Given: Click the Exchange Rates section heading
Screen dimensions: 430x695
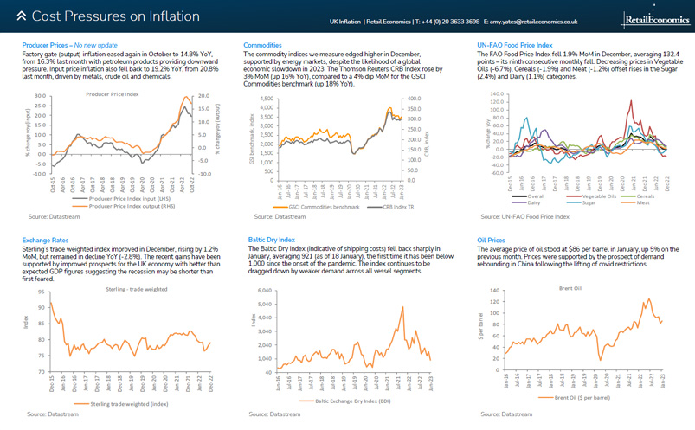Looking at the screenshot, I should (x=45, y=239).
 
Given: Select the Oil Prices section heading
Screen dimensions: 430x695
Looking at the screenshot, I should (x=491, y=239).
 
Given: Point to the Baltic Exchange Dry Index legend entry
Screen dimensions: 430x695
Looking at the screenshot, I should (x=348, y=401).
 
